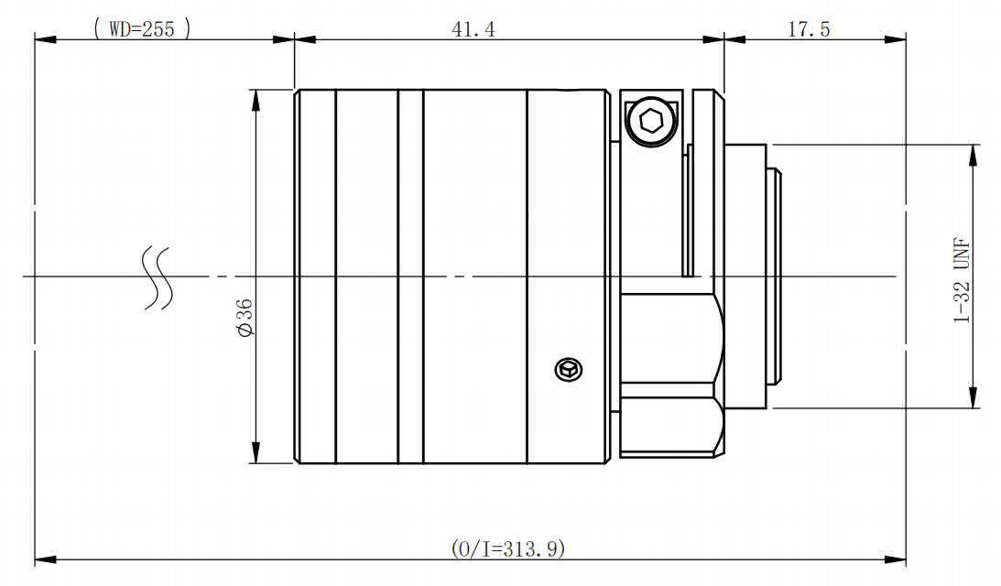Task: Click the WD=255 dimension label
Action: click(x=142, y=28)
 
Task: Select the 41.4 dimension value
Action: click(x=473, y=28)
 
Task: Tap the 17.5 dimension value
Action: click(x=809, y=28)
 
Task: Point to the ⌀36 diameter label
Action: click(x=245, y=317)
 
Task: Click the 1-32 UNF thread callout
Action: click(x=962, y=280)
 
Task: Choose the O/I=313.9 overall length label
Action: click(x=508, y=548)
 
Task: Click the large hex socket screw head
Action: click(x=650, y=121)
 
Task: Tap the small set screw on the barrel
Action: click(x=569, y=370)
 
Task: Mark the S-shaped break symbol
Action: click(x=157, y=277)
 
